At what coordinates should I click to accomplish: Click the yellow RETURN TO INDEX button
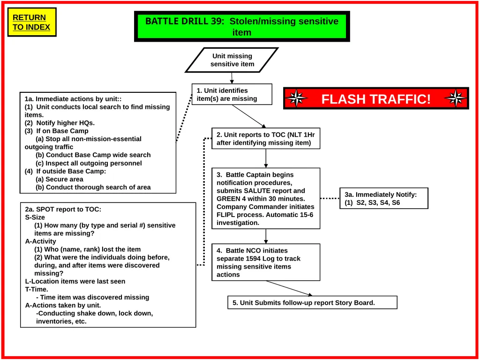32,22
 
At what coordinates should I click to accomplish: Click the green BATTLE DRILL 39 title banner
242,27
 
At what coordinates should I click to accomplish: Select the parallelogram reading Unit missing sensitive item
232,60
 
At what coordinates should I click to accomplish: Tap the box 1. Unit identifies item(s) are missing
232,94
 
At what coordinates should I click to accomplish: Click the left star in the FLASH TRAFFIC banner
296,98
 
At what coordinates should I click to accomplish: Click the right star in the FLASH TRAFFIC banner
456,98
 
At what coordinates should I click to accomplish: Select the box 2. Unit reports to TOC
266,138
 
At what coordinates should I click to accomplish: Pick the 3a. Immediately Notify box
384,198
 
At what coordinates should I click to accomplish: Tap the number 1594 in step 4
253,258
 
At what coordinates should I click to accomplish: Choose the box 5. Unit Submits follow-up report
312,302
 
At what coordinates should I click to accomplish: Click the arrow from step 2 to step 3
266,158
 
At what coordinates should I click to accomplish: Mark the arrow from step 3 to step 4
266,236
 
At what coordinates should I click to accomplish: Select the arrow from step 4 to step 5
289,288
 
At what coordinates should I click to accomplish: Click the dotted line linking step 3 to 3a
330,198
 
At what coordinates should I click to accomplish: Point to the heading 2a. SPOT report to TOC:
63,210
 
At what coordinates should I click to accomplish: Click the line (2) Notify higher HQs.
60,123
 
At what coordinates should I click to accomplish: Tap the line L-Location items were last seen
75,281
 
